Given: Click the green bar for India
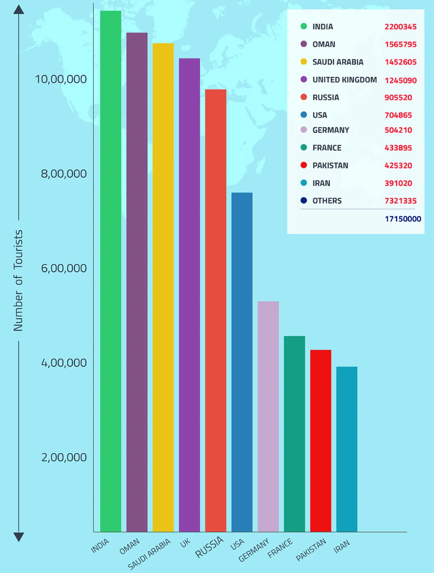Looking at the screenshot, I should coord(110,270).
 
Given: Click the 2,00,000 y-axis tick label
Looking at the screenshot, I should coord(64,458).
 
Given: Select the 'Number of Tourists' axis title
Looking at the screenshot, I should coord(18,280).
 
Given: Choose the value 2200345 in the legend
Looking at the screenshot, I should coord(401,27).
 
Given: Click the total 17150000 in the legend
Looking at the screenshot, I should coord(403,219).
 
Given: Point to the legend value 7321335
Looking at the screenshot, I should coord(401,201).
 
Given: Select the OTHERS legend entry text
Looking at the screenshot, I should coord(327,201).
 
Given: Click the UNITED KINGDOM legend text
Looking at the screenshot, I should coord(345,80).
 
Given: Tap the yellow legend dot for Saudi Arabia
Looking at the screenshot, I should coord(303,62).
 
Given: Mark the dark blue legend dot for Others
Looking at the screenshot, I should coord(303,201).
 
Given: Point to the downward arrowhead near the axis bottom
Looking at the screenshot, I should coord(19,537).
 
